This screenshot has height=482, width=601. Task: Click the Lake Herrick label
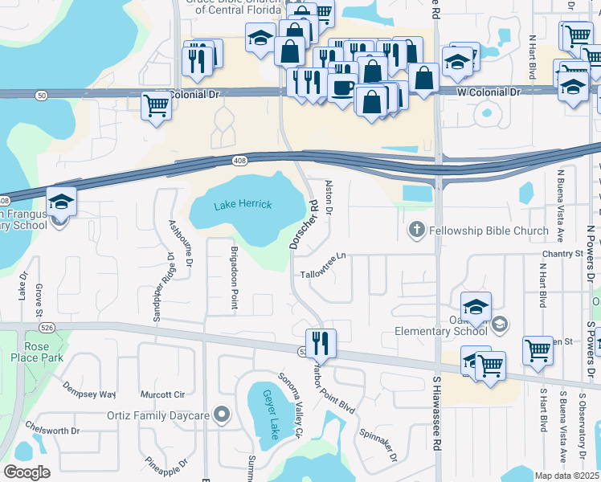pyautogui.click(x=243, y=205)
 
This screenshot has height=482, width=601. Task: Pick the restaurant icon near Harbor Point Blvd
pyautogui.click(x=321, y=343)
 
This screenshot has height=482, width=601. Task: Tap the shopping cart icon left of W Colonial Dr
pyautogui.click(x=157, y=105)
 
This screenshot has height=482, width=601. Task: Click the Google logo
pyautogui.click(x=27, y=472)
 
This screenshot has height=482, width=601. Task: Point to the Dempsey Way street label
pyautogui.click(x=90, y=394)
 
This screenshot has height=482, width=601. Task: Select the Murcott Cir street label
pyautogui.click(x=162, y=394)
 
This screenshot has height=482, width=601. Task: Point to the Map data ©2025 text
pyautogui.click(x=566, y=476)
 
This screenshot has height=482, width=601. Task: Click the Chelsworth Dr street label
pyautogui.click(x=51, y=430)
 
